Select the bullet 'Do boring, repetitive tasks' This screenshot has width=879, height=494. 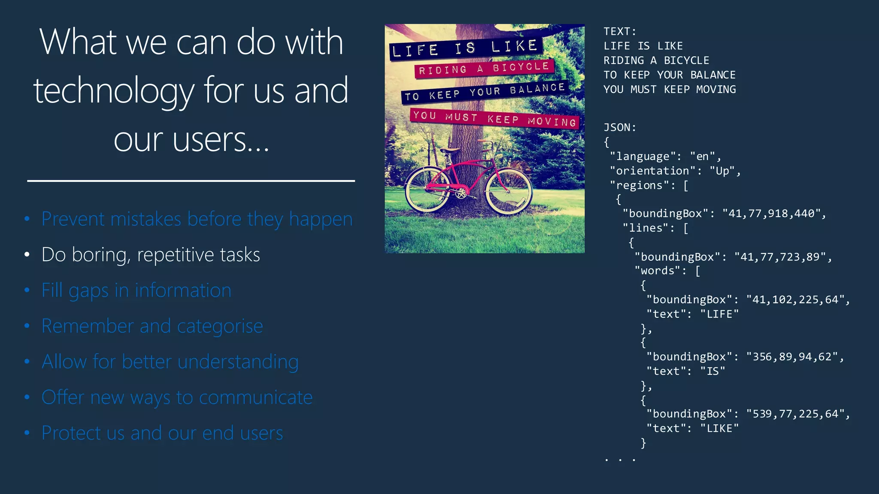(151, 255)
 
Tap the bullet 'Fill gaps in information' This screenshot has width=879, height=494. (136, 290)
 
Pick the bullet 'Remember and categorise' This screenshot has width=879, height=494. (152, 326)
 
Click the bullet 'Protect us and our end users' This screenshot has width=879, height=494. (162, 433)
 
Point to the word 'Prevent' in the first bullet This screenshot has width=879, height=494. (73, 219)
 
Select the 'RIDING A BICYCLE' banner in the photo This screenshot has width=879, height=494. (484, 69)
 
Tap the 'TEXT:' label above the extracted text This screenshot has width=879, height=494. (620, 31)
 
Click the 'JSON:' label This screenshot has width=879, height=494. (620, 127)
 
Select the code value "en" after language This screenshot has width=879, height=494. (703, 156)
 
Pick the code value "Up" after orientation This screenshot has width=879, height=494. (722, 171)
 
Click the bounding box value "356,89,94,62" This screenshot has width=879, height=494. (792, 357)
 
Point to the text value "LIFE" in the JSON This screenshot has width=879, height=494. (719, 314)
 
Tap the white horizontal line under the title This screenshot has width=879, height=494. (191, 181)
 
